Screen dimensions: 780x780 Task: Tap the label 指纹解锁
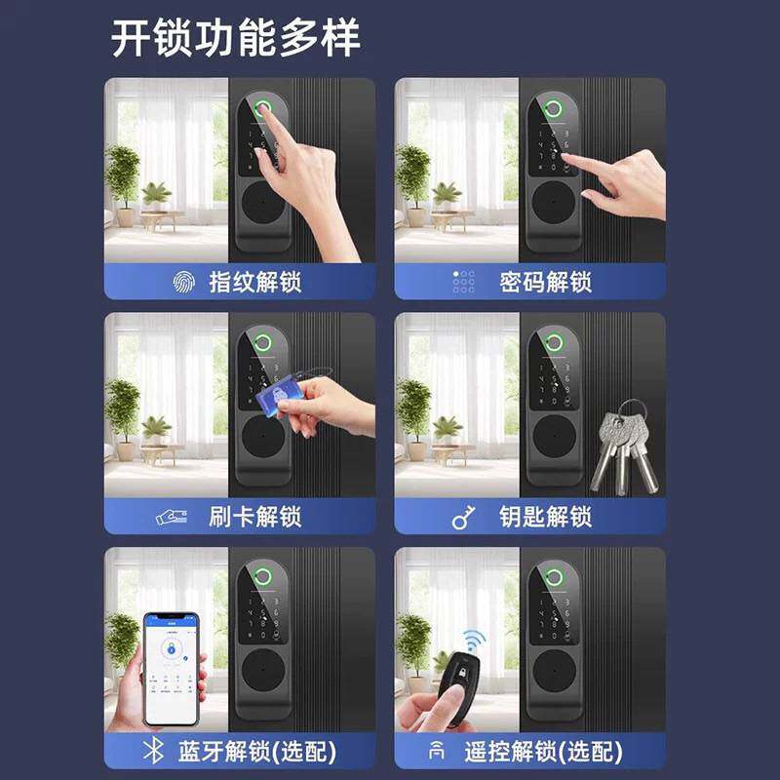point(254,283)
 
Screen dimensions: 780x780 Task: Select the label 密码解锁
point(545,283)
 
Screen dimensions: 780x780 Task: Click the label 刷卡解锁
point(254,517)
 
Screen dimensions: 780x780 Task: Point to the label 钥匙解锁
point(545,517)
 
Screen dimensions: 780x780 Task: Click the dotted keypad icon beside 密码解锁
point(463,283)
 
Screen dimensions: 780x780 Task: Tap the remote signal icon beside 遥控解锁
point(436,752)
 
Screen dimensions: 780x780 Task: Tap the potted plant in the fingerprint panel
point(123,180)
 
